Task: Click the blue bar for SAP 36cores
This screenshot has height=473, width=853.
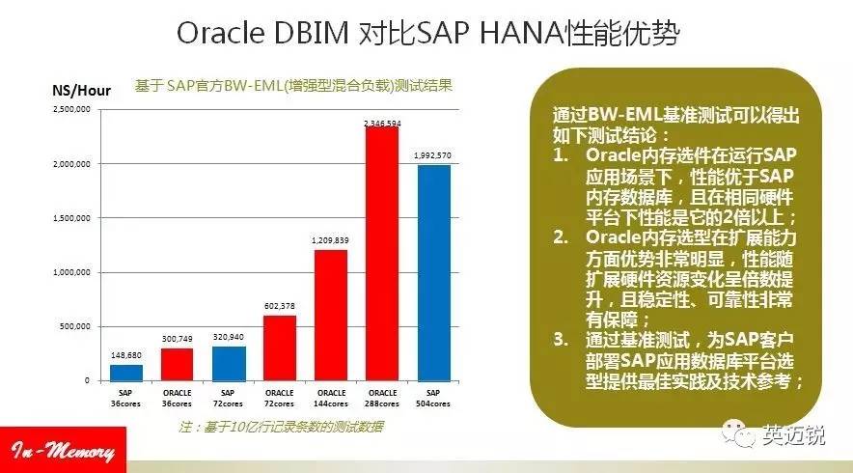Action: point(125,372)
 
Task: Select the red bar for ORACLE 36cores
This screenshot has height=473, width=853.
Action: point(178,364)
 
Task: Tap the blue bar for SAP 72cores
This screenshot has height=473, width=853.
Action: point(229,363)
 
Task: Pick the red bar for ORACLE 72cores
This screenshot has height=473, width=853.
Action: point(280,348)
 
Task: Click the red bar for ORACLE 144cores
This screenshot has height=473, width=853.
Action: point(332,315)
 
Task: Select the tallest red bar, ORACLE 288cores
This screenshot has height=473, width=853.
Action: point(383,253)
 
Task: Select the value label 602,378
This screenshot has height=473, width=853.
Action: point(279,306)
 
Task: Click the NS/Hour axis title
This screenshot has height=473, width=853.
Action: point(80,89)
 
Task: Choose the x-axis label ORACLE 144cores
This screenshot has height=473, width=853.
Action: point(331,399)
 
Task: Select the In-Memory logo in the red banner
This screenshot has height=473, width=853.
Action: point(64,452)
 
